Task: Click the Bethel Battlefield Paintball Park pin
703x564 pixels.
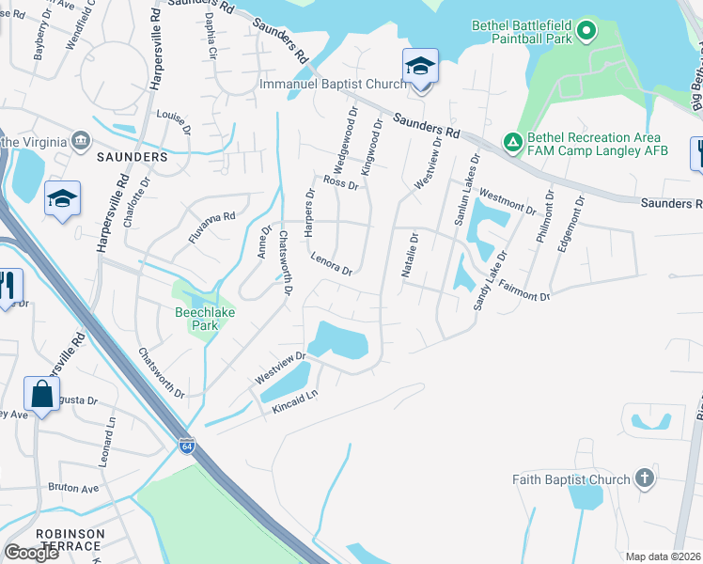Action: tap(586, 32)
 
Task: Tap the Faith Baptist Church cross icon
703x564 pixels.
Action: tap(644, 478)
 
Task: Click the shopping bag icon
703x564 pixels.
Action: tap(42, 395)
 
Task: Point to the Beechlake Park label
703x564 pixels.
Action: tap(196, 318)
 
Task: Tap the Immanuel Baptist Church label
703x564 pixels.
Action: tap(333, 85)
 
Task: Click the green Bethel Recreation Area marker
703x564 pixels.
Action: tap(512, 142)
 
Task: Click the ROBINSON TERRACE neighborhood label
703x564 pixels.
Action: tap(70, 540)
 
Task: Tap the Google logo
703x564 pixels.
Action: tap(31, 552)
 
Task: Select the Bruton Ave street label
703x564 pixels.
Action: tap(74, 489)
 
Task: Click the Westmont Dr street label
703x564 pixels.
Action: tap(508, 200)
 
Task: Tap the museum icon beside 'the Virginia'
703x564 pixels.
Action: tap(81, 142)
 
